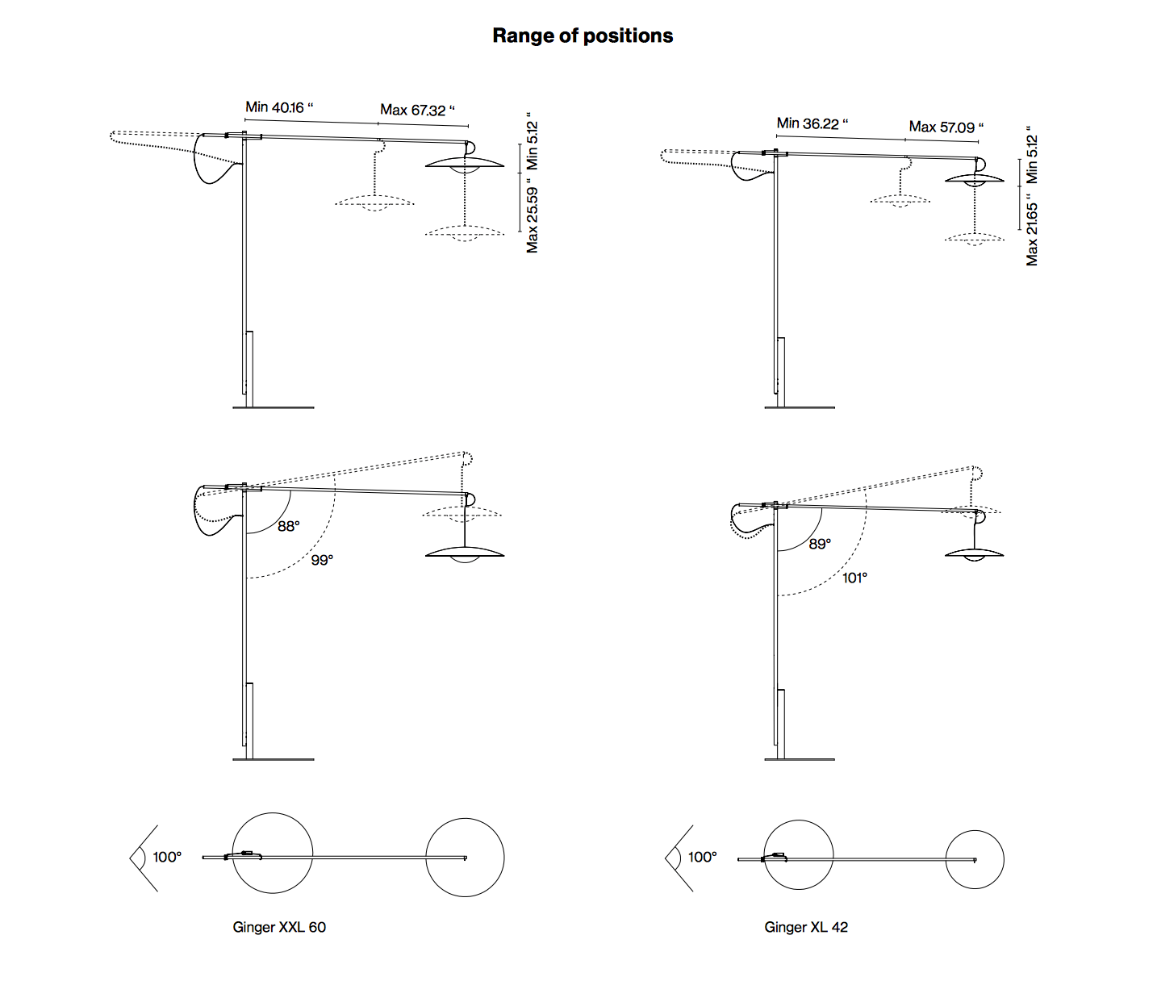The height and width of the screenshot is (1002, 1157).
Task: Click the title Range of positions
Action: point(583,35)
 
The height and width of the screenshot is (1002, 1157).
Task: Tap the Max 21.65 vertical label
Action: point(1032,229)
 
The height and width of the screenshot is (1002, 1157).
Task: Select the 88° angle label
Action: point(289,526)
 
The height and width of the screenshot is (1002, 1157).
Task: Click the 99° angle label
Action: point(322,560)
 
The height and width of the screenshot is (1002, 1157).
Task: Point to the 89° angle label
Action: point(820,544)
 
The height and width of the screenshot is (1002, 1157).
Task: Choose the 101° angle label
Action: point(854,578)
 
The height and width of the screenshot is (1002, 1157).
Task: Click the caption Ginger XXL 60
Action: point(279,927)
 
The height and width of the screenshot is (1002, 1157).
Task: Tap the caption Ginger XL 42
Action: point(806,927)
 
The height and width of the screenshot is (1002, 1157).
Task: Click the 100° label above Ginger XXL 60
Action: point(167,857)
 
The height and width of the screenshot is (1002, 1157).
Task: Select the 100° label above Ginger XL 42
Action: point(702,857)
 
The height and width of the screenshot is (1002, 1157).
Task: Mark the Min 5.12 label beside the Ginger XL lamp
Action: point(1032,154)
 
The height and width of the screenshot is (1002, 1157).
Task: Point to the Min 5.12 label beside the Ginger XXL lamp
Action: point(533,140)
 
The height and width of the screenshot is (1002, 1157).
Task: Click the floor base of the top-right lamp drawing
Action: point(800,407)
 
